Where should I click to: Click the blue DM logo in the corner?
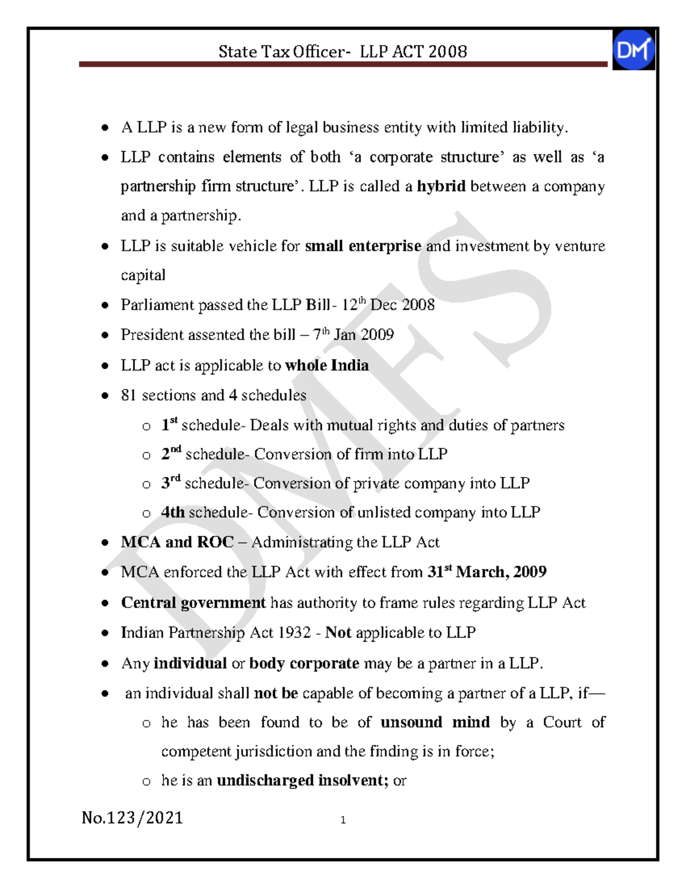point(633,50)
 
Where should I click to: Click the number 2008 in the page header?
point(448,52)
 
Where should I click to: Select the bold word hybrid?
point(441,186)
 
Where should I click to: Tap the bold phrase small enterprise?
point(363,246)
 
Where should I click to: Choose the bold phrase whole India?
point(326,365)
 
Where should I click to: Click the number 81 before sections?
point(129,395)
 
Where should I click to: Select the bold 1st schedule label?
point(169,424)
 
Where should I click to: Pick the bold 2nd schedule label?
point(171,453)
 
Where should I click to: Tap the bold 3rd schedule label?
point(170,483)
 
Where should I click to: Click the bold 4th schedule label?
point(173,512)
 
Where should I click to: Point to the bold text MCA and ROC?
point(177,542)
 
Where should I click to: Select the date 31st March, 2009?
point(486,572)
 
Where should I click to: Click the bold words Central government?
point(193,603)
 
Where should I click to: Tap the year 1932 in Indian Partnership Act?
point(294,632)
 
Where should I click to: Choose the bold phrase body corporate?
point(304,663)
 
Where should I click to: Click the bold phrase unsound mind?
point(435,722)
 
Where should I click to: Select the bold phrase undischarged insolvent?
point(302,781)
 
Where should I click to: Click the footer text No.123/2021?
point(132,818)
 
